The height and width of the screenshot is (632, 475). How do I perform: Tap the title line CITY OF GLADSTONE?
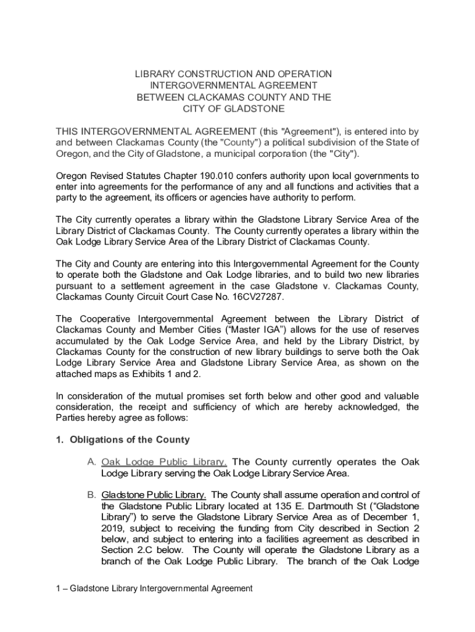234,109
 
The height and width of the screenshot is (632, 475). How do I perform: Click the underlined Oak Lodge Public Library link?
164,462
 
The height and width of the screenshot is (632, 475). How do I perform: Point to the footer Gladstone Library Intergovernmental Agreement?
160,589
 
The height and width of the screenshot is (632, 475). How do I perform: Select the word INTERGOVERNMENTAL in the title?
234,86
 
